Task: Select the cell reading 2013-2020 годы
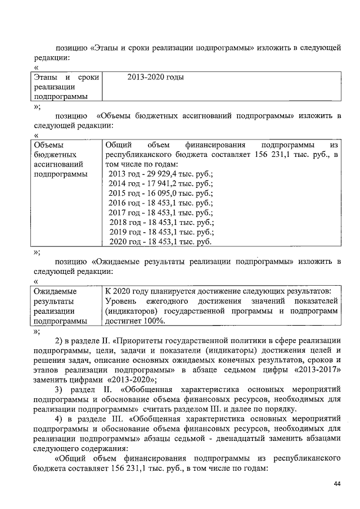[156, 77]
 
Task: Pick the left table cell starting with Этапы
[65, 87]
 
